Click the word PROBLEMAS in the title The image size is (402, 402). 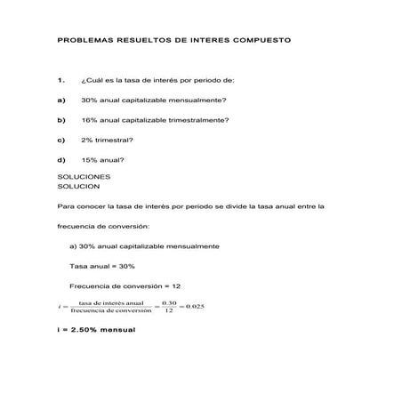[81, 41]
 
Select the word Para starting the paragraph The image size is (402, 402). [65, 206]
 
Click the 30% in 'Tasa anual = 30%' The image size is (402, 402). [126, 266]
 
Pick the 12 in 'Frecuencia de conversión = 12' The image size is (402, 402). [176, 286]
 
